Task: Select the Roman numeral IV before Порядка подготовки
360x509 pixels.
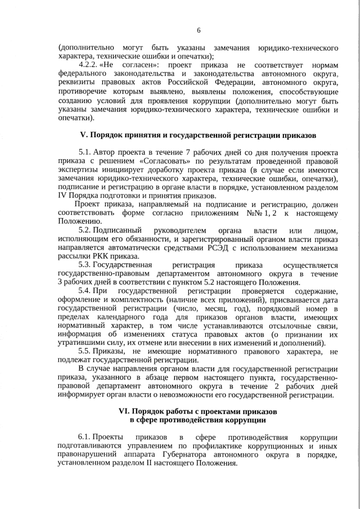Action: coord(62,195)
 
